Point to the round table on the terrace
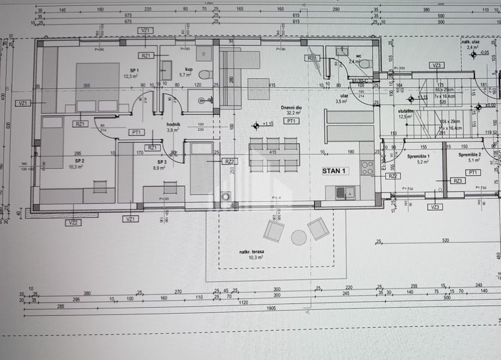click(x=298, y=237)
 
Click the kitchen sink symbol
click(x=345, y=192)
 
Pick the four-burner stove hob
click(x=367, y=167)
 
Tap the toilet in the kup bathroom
click(x=204, y=74)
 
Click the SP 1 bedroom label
click(x=134, y=71)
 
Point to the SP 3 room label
click(x=161, y=162)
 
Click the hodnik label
click(x=173, y=124)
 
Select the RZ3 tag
click(x=458, y=181)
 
